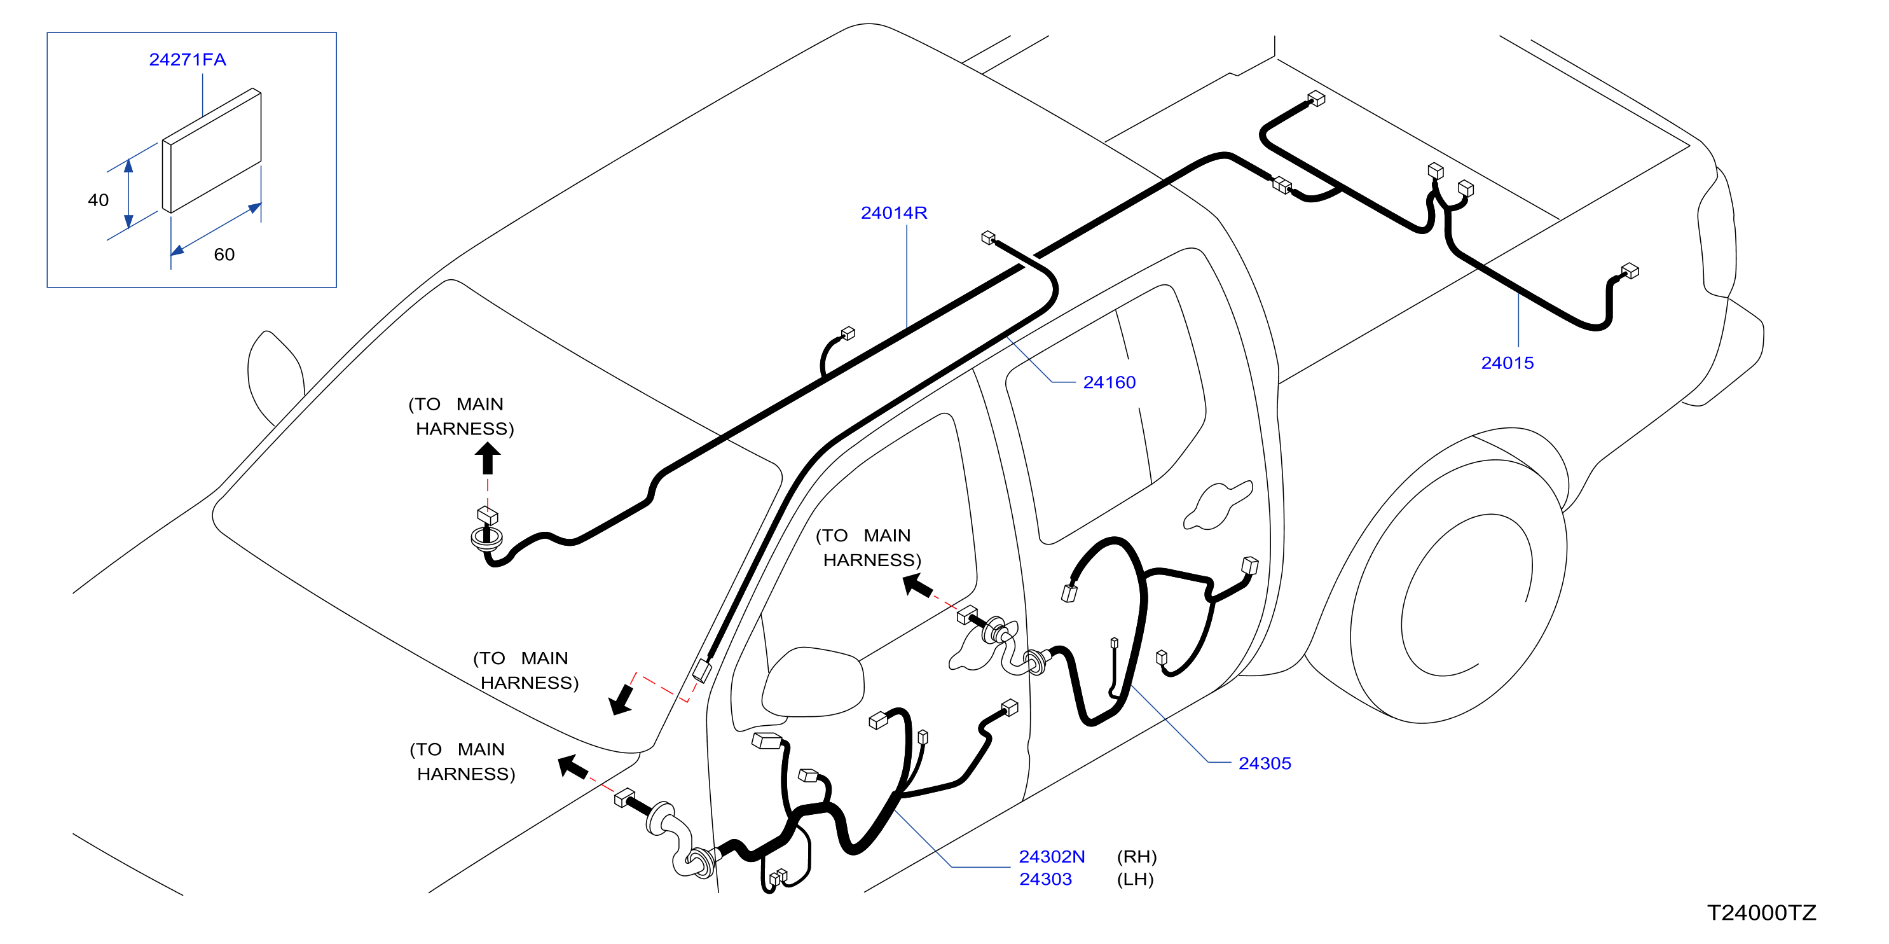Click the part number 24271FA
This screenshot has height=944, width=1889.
pyautogui.click(x=187, y=59)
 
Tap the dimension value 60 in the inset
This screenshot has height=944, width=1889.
pyautogui.click(x=224, y=254)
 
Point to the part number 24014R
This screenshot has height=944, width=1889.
pyautogui.click(x=893, y=212)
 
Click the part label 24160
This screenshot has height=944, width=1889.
pyautogui.click(x=1109, y=382)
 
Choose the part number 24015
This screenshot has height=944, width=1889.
pyautogui.click(x=1507, y=363)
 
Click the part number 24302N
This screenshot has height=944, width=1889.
pyautogui.click(x=1052, y=857)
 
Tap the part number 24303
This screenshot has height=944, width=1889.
pyautogui.click(x=1045, y=880)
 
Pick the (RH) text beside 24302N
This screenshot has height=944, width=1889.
pyautogui.click(x=1136, y=857)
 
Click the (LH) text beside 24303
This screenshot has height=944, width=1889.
pyautogui.click(x=1134, y=880)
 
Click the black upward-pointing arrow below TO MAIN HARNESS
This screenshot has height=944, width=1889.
pyautogui.click(x=488, y=459)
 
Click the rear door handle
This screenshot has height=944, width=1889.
pyautogui.click(x=1218, y=505)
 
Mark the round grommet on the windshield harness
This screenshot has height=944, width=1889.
pyautogui.click(x=487, y=538)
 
